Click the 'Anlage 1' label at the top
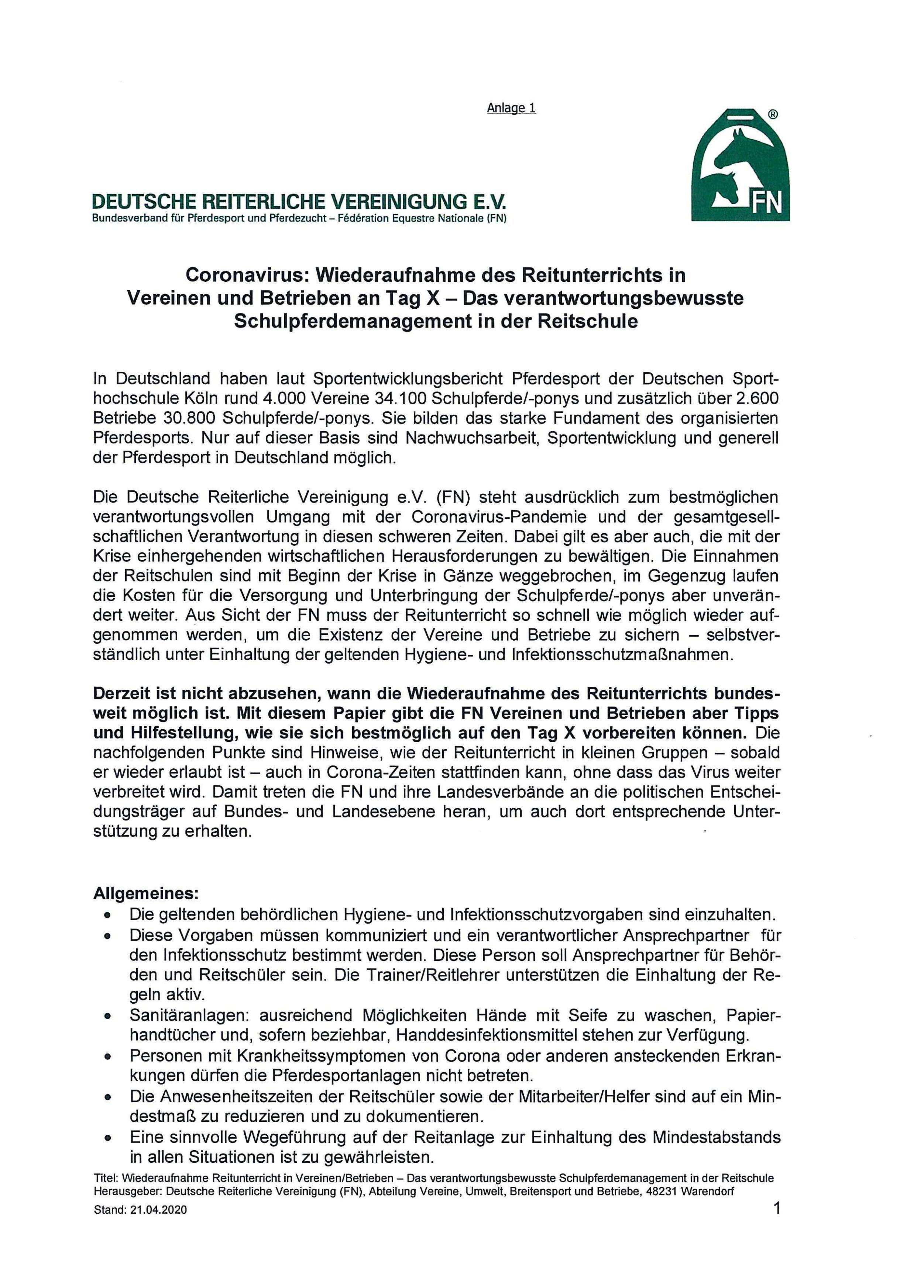coord(511,108)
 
